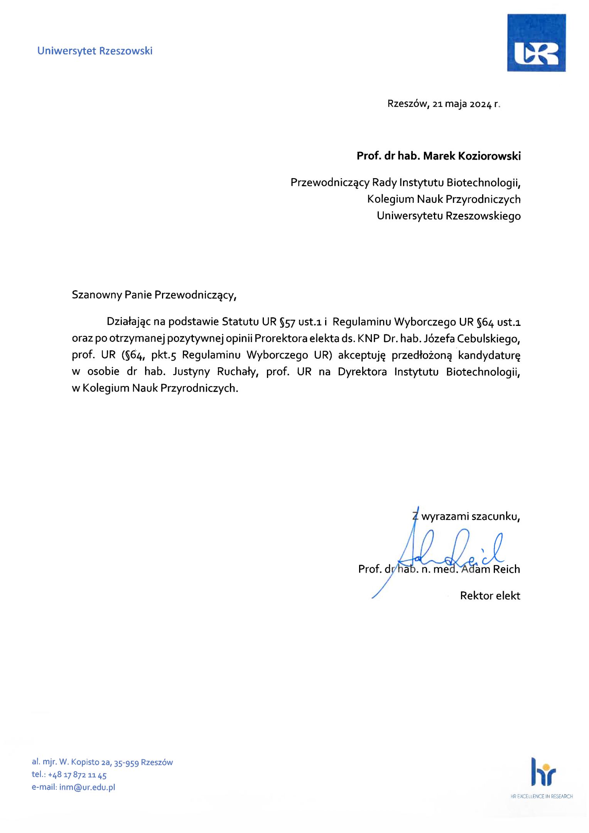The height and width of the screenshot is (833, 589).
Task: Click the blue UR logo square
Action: (x=536, y=43)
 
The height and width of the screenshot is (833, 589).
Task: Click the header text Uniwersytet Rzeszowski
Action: (x=95, y=51)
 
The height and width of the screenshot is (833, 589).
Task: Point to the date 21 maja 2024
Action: (x=462, y=104)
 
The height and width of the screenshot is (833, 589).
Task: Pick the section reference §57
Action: (x=287, y=322)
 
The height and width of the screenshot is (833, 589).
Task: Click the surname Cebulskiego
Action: (x=488, y=339)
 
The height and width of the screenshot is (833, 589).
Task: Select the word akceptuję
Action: (x=361, y=355)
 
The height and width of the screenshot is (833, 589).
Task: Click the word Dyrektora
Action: (x=362, y=372)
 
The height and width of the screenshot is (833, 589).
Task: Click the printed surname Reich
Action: (x=506, y=570)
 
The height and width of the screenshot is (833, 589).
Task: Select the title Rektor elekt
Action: (x=490, y=596)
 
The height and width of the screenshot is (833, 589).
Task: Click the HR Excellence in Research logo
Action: (x=542, y=777)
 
